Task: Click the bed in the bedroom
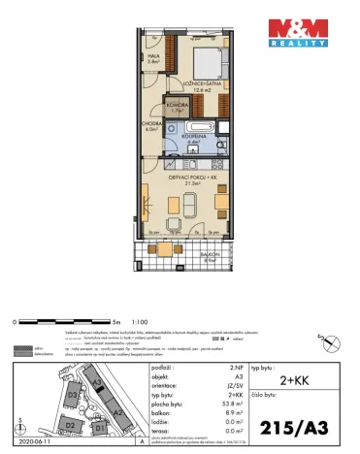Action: tap(208, 64)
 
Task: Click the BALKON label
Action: tap(209, 257)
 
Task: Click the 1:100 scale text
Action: tap(140, 320)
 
